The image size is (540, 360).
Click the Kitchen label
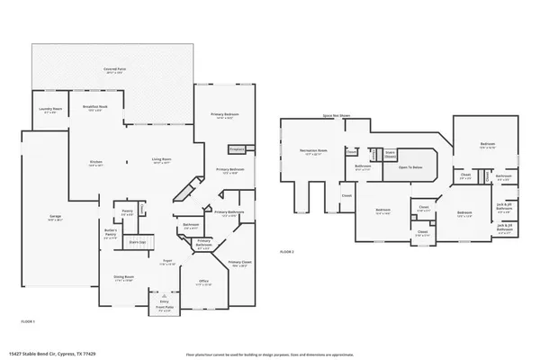[96, 163]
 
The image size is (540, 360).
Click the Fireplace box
[237, 148]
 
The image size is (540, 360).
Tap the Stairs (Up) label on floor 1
[138, 242]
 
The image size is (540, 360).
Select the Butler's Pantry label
[112, 231]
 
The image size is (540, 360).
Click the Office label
[203, 282]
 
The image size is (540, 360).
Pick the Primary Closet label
[240, 264]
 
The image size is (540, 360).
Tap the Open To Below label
[409, 167]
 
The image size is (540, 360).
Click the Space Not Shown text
[335, 115]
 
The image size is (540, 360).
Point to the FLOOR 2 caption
[286, 251]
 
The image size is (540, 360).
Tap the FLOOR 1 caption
[28, 321]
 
